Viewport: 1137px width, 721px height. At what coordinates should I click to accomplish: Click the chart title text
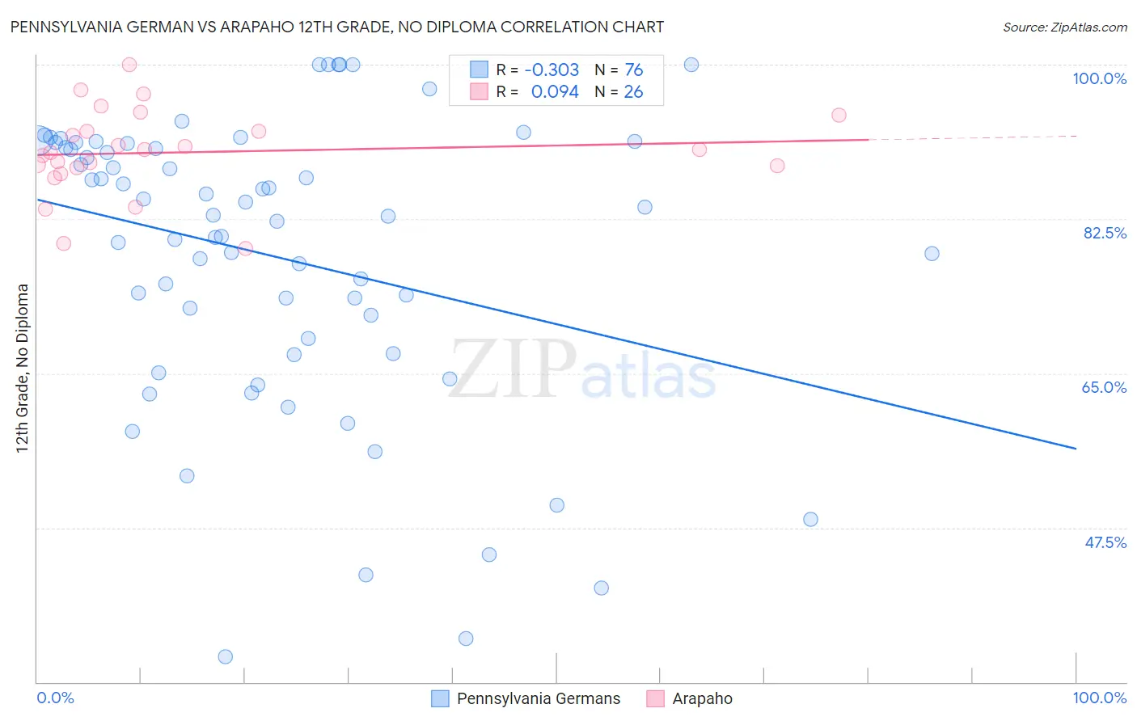coord(336,27)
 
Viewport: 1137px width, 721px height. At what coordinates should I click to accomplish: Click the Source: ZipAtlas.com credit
coord(1064,27)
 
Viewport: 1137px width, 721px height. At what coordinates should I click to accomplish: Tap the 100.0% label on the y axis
coord(1099,78)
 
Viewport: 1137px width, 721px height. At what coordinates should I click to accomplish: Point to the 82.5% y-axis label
coord(1105,233)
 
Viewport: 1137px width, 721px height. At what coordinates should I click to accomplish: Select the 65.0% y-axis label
coord(1104,387)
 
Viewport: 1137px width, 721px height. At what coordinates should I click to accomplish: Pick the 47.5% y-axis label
coord(1105,542)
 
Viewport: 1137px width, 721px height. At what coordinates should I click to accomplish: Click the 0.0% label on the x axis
coord(55,698)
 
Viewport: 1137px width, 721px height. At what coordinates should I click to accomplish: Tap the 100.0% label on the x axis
coord(1099,698)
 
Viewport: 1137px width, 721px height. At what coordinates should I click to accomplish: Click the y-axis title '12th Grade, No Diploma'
coord(23,368)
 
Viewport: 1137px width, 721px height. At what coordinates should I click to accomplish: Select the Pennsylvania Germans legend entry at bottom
coord(538,698)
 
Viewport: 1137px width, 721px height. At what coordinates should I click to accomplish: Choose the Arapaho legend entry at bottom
coord(702,698)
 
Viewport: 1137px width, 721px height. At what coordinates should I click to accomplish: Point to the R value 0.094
coord(555,92)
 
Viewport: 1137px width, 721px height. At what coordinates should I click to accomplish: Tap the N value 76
coord(633,70)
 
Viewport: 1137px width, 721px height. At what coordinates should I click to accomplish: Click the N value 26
coord(633,92)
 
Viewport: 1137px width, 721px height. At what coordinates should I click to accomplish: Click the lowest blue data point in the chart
coord(226,656)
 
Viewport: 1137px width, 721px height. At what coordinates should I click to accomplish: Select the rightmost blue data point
coord(932,253)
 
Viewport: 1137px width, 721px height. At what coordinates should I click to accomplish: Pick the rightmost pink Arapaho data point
coord(839,115)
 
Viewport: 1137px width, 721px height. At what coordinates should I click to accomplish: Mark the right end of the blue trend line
coord(1076,448)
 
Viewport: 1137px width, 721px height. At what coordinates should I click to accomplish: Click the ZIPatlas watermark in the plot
coord(582,369)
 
